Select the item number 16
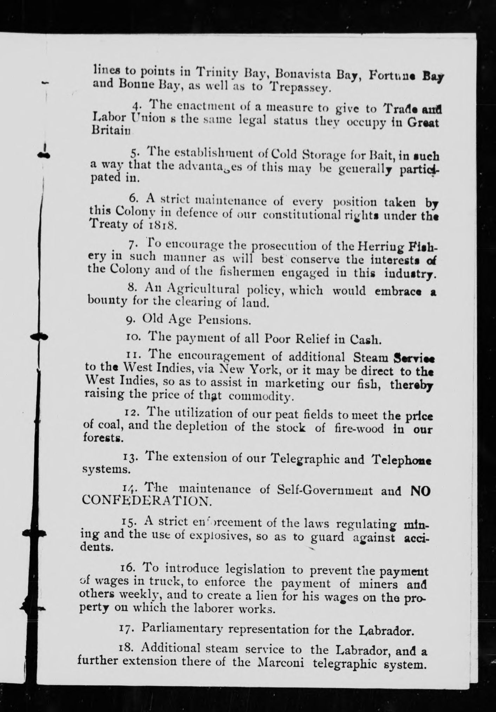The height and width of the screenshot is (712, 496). pyautogui.click(x=126, y=569)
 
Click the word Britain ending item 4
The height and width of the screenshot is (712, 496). pyautogui.click(x=111, y=130)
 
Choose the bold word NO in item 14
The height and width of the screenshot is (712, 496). pyautogui.click(x=420, y=491)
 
